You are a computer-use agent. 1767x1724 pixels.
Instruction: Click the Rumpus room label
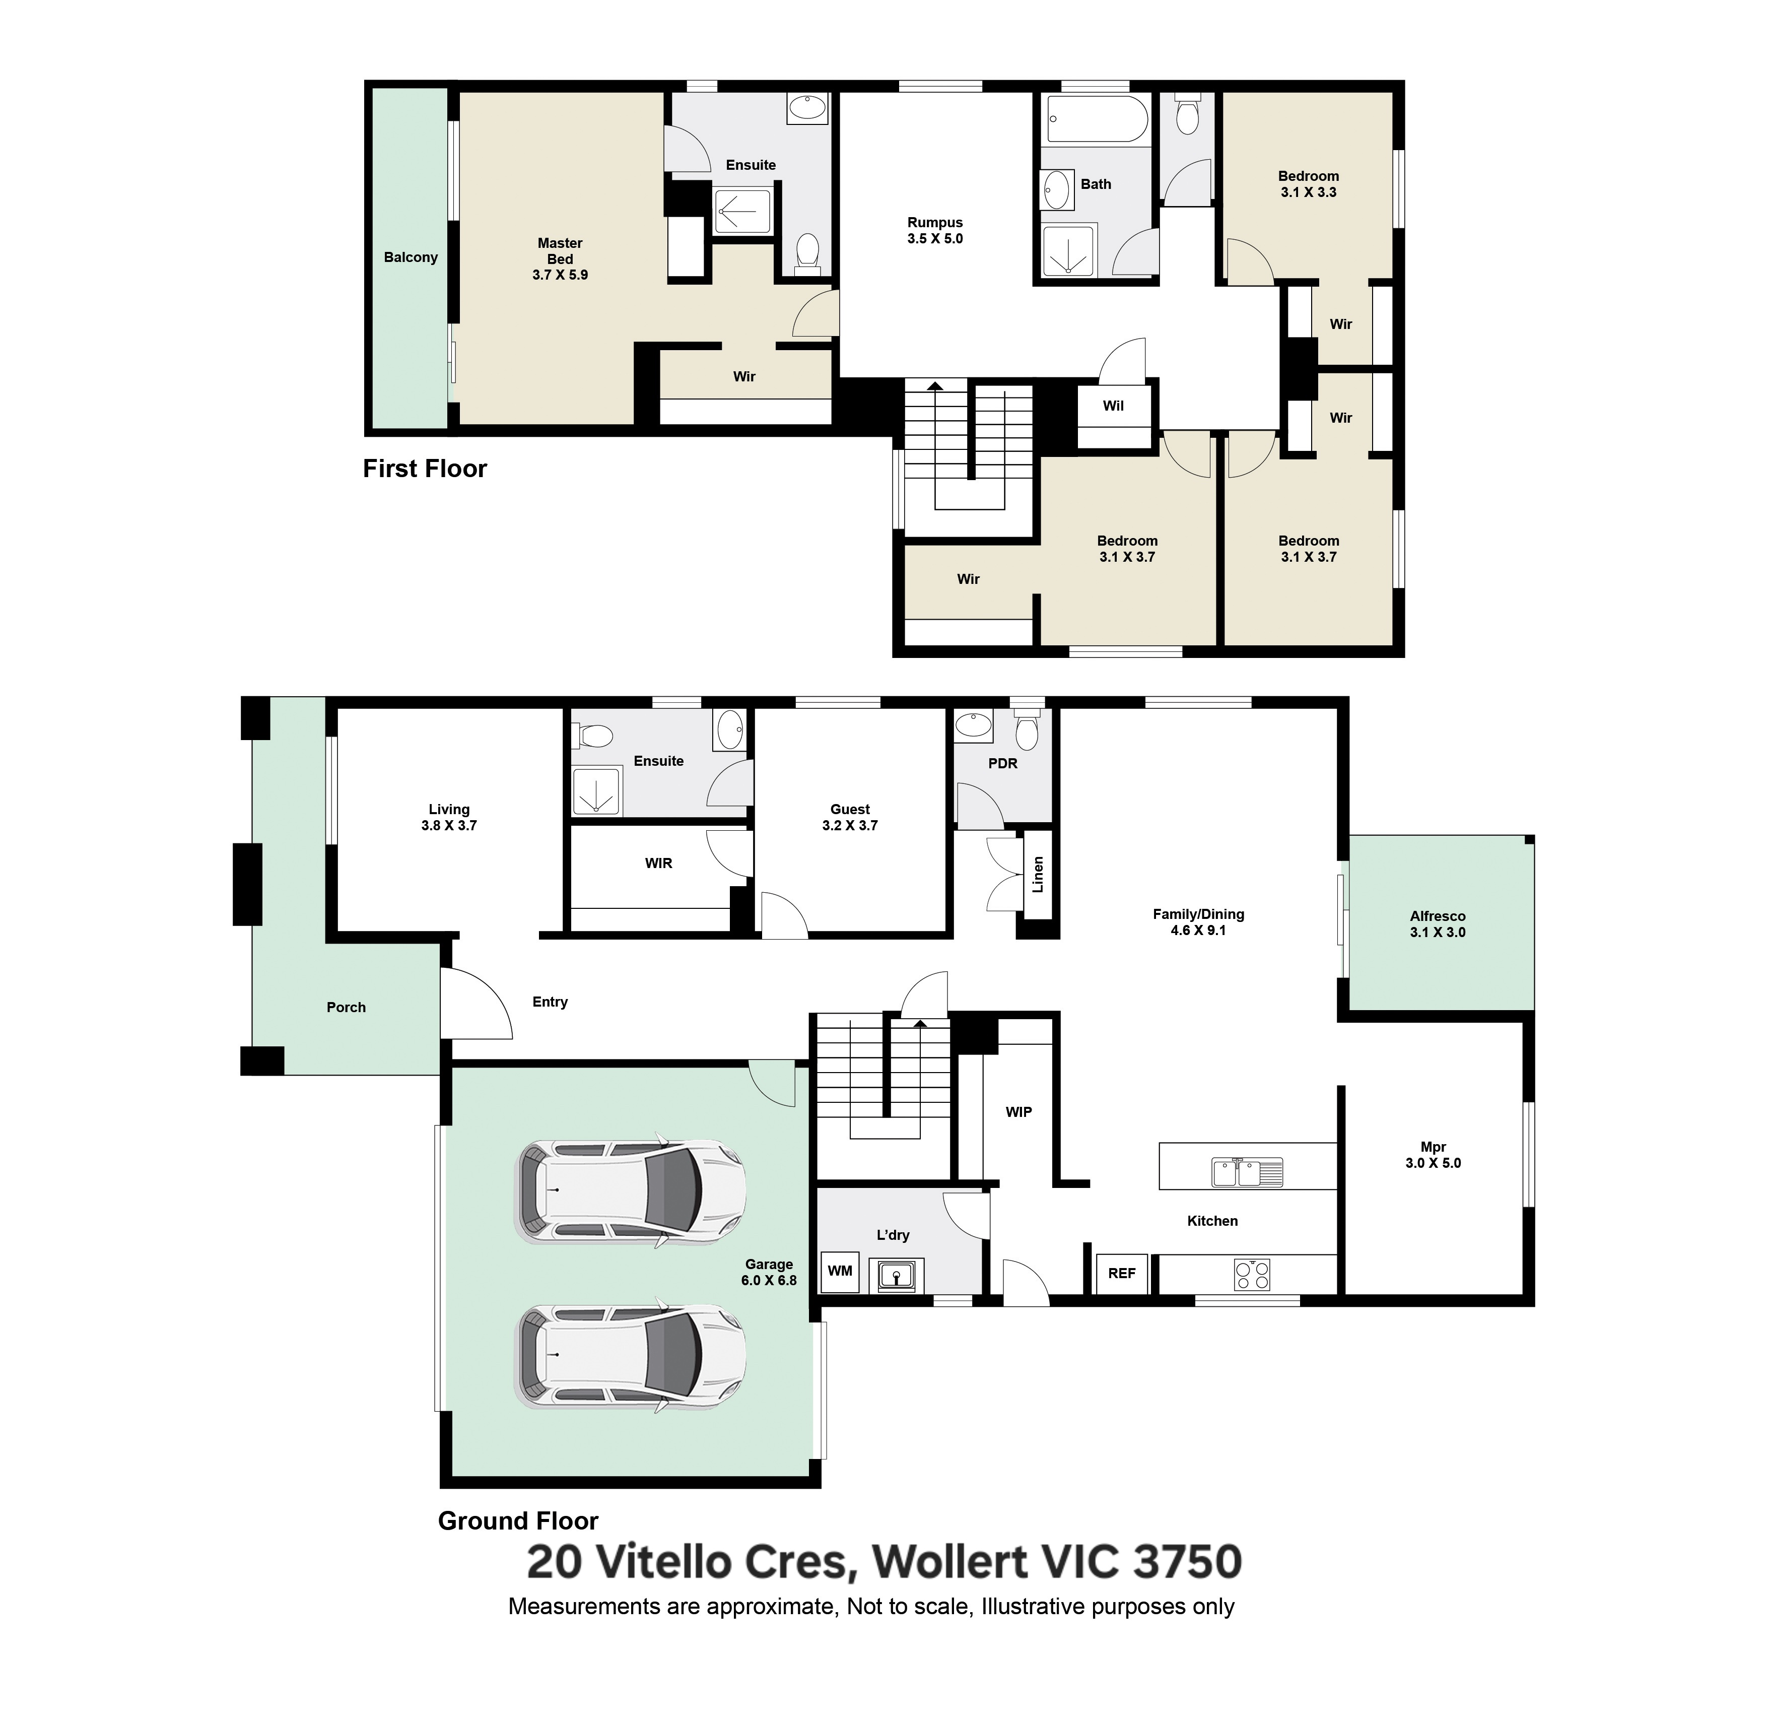(934, 231)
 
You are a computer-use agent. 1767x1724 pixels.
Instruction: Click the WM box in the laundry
(839, 1271)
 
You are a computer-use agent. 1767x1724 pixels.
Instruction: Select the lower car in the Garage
(631, 1356)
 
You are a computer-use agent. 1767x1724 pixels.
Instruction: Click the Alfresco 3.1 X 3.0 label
(1437, 923)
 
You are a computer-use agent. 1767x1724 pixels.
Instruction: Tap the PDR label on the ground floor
(1002, 763)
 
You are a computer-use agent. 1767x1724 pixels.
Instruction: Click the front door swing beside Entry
(477, 1003)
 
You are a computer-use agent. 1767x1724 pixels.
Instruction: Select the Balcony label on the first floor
(410, 257)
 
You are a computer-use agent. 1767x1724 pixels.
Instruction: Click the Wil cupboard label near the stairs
(1113, 406)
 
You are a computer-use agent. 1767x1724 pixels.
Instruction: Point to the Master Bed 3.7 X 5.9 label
(560, 259)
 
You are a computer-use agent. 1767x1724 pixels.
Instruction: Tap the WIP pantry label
(1018, 1112)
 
